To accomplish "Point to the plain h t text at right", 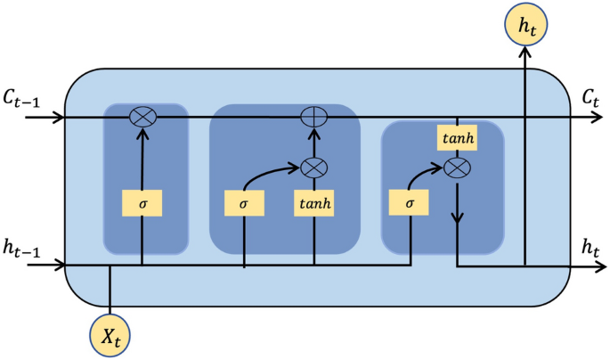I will [x=588, y=249].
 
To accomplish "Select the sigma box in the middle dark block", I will [x=244, y=203].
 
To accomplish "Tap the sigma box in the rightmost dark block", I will [x=409, y=203].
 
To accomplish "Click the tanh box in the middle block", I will [x=313, y=203].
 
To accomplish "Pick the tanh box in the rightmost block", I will [x=456, y=138].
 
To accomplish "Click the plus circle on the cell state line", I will [x=313, y=117].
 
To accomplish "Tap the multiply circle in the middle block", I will [x=313, y=167].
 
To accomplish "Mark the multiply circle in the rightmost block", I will [x=456, y=167].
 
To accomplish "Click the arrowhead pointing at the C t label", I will [x=566, y=117].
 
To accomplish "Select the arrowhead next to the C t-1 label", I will [x=59, y=117].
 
